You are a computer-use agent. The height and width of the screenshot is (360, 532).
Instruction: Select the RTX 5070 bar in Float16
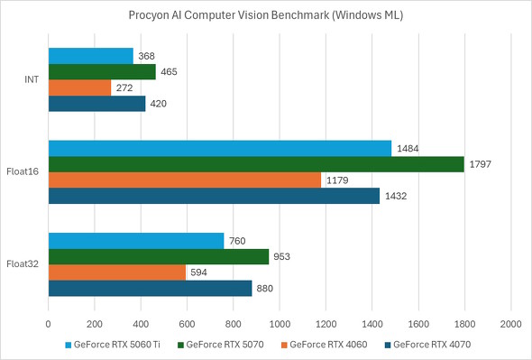pos(256,164)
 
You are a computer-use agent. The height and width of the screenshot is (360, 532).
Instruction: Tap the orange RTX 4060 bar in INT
pos(79,88)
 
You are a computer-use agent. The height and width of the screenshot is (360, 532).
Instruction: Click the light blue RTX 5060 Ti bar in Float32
pos(135,240)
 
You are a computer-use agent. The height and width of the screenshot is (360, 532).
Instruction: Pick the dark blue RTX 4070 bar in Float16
pos(214,196)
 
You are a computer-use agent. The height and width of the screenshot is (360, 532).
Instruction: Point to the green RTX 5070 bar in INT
pos(102,72)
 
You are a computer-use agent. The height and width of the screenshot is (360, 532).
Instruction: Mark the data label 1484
pos(408,148)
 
